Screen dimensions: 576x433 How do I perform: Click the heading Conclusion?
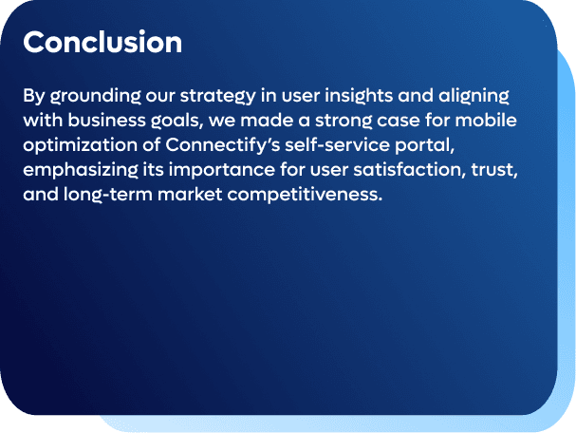102,42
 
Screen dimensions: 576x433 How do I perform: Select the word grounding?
96,97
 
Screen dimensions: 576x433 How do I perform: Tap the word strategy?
218,97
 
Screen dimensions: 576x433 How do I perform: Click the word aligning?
474,97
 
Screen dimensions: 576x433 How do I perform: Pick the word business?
106,121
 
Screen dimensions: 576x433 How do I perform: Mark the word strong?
344,122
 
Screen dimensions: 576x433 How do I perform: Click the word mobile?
486,121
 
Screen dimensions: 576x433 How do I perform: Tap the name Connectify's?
223,145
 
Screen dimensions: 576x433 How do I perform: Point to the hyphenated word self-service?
337,145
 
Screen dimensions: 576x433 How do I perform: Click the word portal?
425,146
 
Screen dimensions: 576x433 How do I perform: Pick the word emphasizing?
81,170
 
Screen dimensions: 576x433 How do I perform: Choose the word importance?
221,170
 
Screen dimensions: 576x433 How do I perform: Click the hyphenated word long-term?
108,195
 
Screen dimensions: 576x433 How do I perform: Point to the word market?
190,194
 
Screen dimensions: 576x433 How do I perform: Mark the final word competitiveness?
305,195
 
